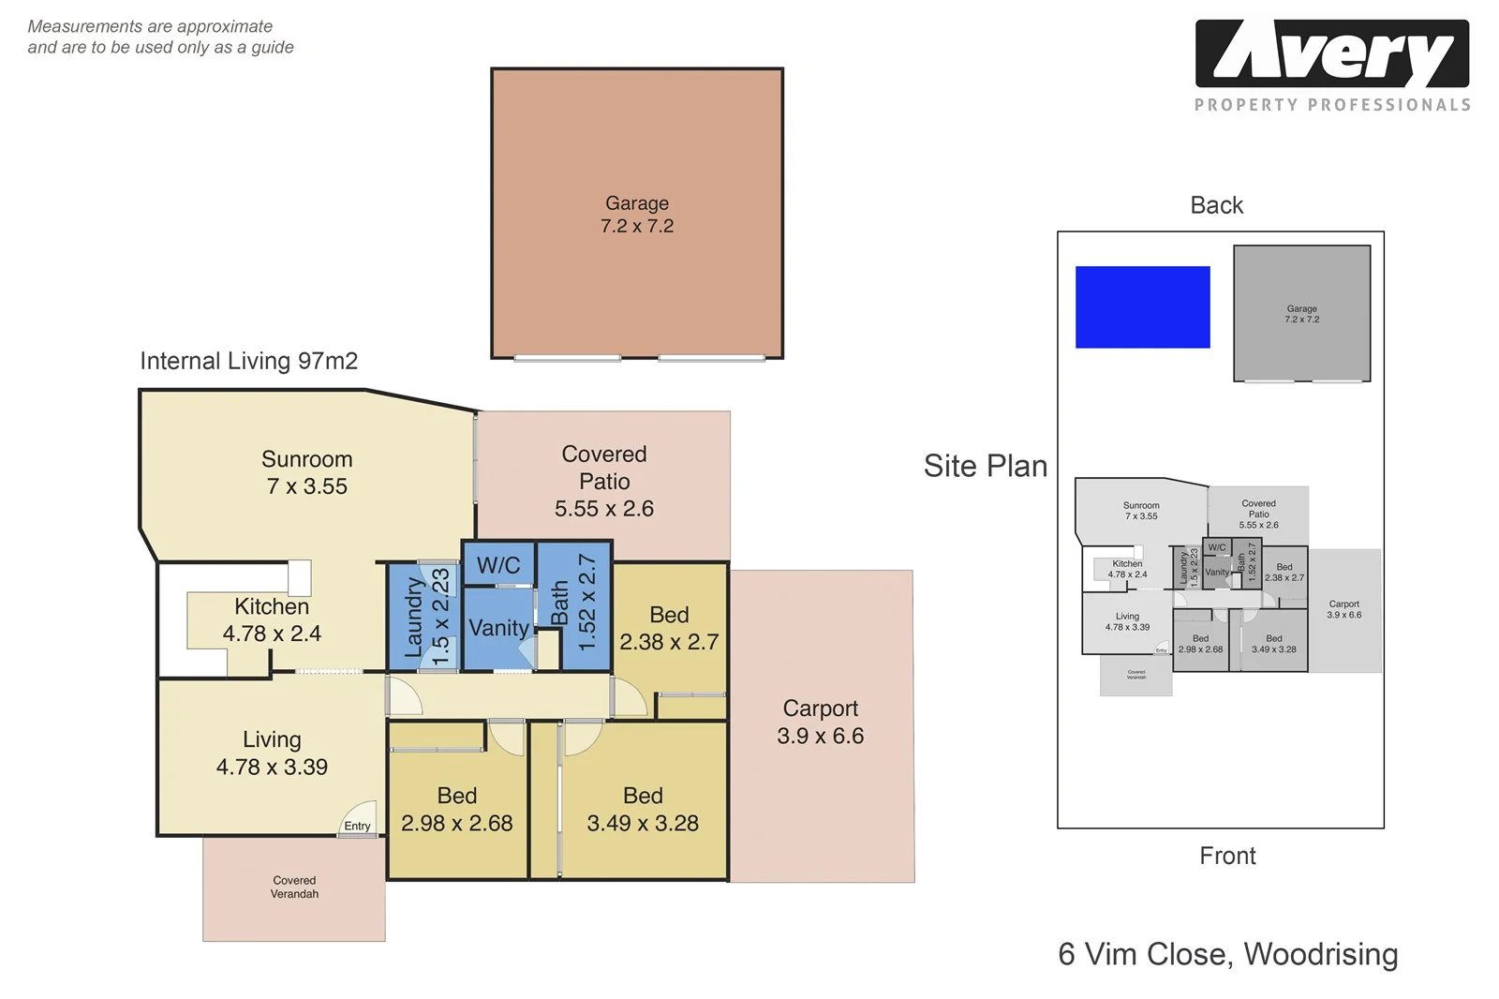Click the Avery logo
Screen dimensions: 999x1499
(x=1331, y=54)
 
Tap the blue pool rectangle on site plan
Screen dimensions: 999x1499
(x=1142, y=307)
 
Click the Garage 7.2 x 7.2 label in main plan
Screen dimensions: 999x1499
(x=637, y=215)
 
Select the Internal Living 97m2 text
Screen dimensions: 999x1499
(x=248, y=361)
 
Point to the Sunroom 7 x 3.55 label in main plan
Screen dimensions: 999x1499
(x=307, y=472)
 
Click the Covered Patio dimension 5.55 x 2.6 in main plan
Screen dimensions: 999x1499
(x=603, y=509)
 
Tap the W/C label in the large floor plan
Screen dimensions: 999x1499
(x=498, y=565)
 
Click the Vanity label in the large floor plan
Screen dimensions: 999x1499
(x=498, y=628)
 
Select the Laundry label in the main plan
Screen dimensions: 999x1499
(x=413, y=617)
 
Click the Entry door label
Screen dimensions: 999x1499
(x=357, y=826)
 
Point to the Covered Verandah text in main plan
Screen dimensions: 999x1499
(x=294, y=887)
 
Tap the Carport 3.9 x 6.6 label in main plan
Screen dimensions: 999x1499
(x=820, y=722)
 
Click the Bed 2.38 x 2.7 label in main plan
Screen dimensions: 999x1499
(x=669, y=628)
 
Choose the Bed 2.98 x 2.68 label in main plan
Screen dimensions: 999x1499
(x=457, y=809)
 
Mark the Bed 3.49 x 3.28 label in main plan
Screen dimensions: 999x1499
(x=643, y=809)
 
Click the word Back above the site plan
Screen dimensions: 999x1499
(x=1216, y=205)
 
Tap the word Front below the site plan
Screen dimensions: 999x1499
(x=1227, y=856)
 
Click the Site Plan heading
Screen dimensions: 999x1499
(x=985, y=466)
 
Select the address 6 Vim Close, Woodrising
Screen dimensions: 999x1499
(x=1227, y=954)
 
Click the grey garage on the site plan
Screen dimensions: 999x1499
(x=1301, y=314)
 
